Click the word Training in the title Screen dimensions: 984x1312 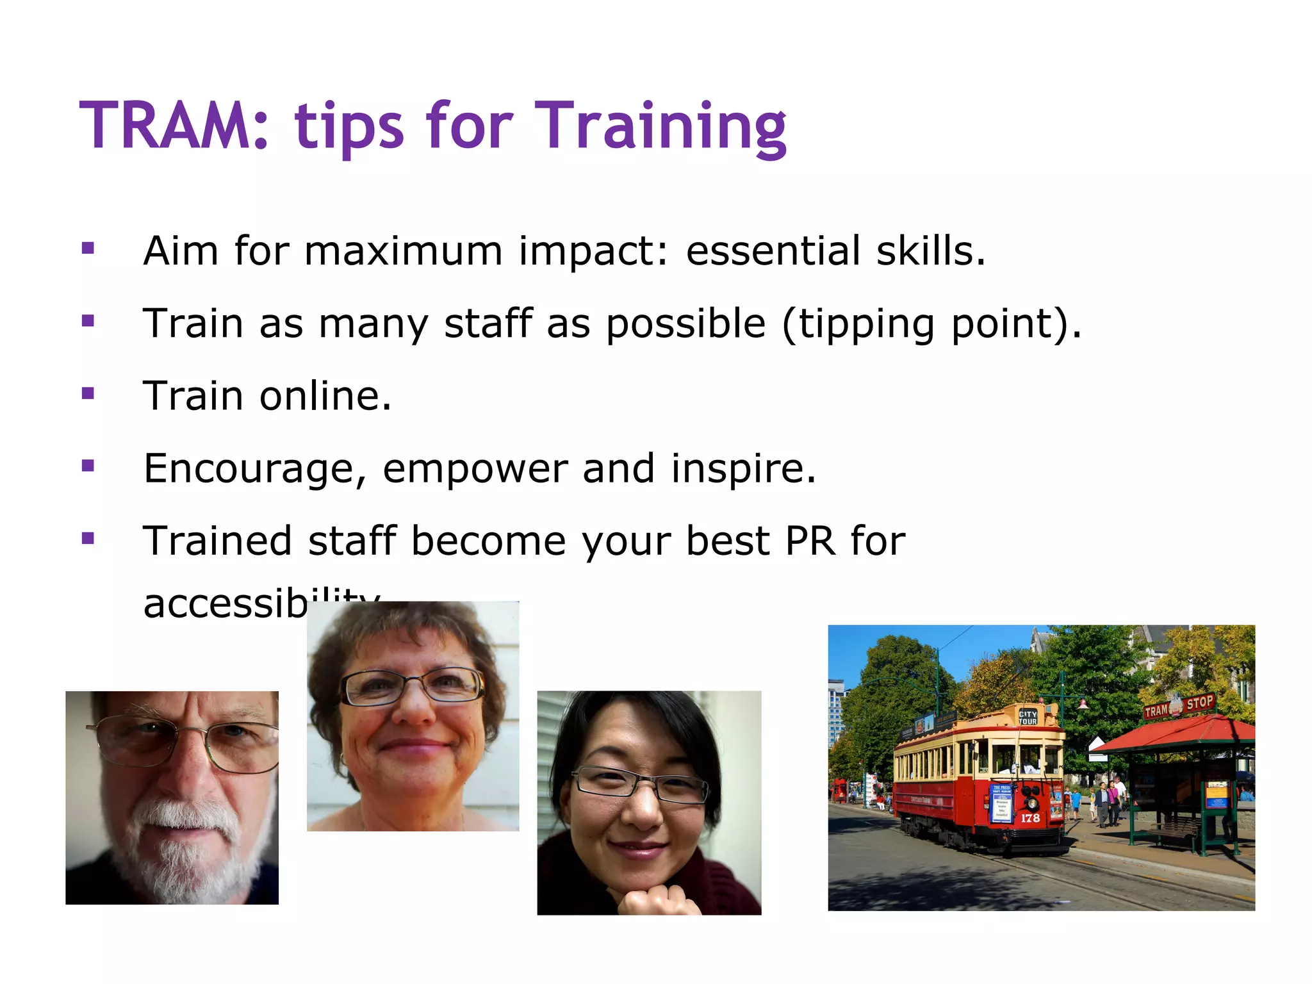tap(660, 126)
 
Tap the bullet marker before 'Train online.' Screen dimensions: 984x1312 tap(88, 393)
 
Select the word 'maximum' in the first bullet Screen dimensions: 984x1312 tap(403, 250)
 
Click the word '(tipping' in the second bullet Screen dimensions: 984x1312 tap(858, 324)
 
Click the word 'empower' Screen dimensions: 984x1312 tap(475, 469)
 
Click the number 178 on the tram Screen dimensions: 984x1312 tap(1030, 818)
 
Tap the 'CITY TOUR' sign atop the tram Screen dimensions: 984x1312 tap(1028, 717)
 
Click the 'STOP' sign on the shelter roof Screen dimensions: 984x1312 tap(1199, 703)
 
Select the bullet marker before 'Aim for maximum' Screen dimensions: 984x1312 tap(88, 248)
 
